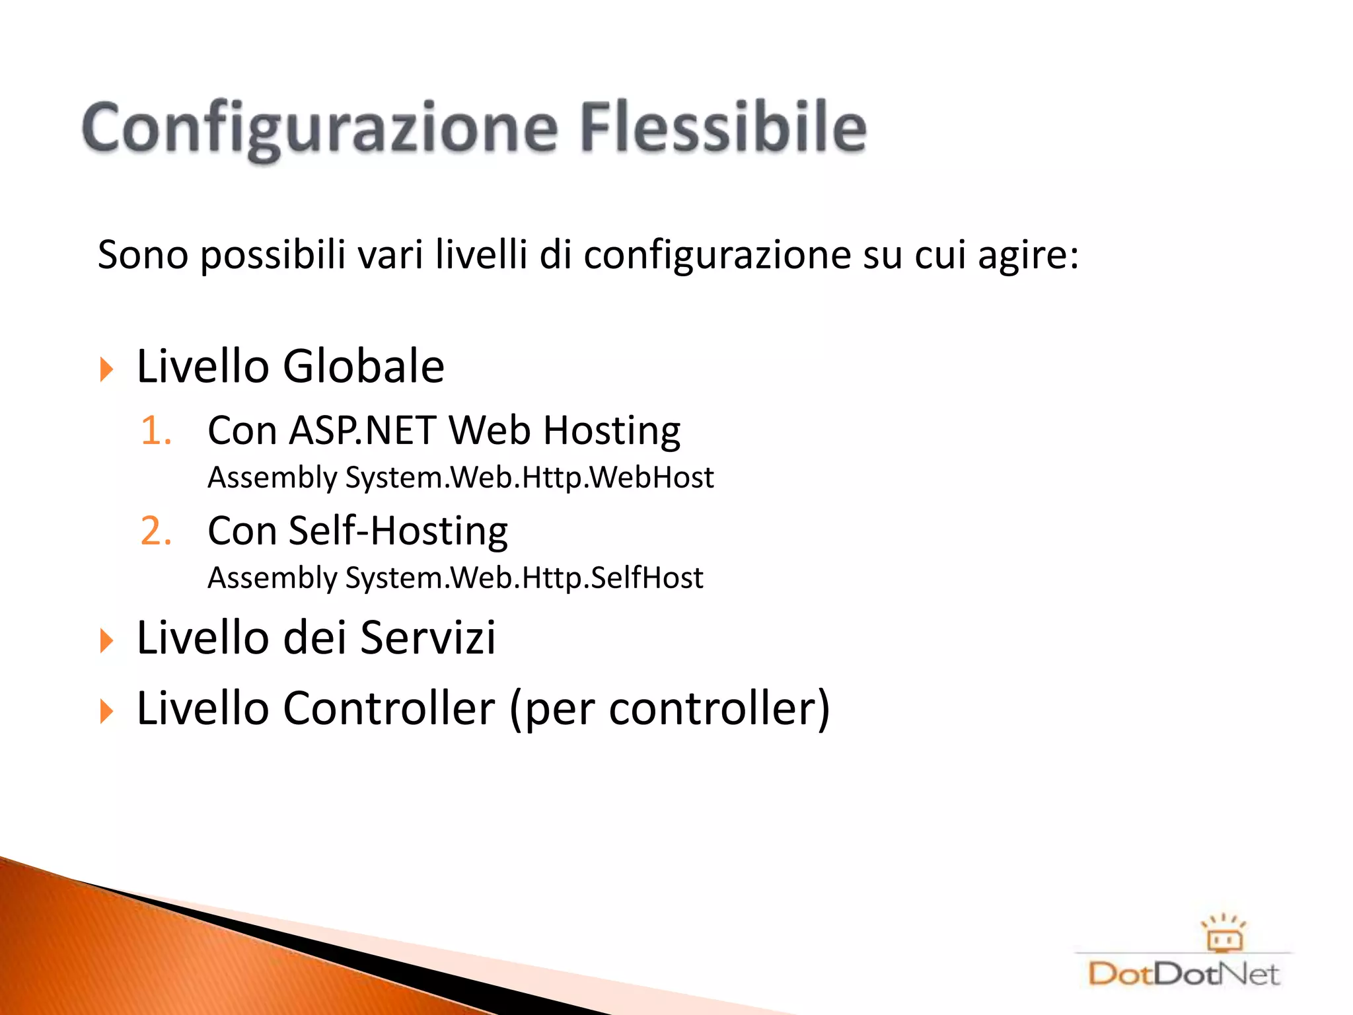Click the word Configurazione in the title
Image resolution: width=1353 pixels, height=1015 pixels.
coord(320,129)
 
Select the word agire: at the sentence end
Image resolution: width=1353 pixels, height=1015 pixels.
coord(1028,256)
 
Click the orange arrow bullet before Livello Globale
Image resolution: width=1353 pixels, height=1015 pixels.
coord(106,369)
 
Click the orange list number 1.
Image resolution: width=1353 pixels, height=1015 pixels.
coord(156,431)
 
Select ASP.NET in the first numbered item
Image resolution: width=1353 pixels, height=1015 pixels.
coord(362,431)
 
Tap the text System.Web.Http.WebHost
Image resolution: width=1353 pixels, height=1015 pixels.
coord(529,478)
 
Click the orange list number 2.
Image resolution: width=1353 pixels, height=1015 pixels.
coord(156,531)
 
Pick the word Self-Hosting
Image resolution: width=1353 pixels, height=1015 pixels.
coord(398,531)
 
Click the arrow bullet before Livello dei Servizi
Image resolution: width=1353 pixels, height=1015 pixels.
coord(106,640)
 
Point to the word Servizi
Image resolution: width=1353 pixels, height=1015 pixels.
coord(428,638)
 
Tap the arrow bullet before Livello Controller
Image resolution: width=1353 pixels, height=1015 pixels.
coord(106,712)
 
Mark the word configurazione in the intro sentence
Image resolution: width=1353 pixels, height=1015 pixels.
coord(717,256)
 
